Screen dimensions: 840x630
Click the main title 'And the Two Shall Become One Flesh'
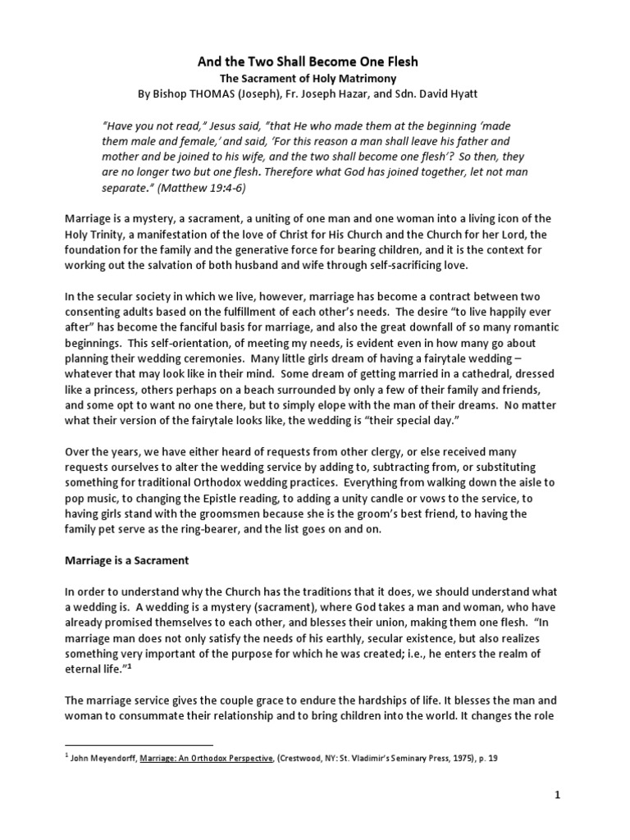click(314, 62)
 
